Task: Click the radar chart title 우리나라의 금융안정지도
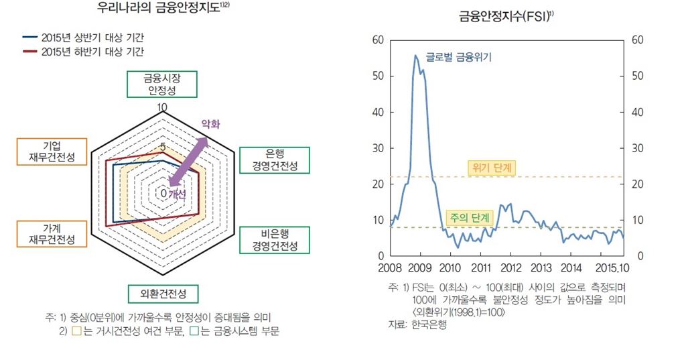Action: pos(159,9)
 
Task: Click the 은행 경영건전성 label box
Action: pos(275,160)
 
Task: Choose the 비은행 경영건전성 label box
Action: pos(275,239)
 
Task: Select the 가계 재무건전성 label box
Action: pos(52,233)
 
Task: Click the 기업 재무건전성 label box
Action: pos(52,152)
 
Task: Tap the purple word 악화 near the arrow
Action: pos(211,124)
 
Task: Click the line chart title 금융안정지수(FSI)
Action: pos(506,15)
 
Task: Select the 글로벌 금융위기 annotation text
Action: pos(459,58)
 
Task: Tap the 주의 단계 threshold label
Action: pos(469,218)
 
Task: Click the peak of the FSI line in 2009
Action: pos(415,55)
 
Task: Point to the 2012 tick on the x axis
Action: pos(510,269)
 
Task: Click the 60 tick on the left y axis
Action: pos(376,40)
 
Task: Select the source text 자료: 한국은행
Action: pos(417,325)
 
